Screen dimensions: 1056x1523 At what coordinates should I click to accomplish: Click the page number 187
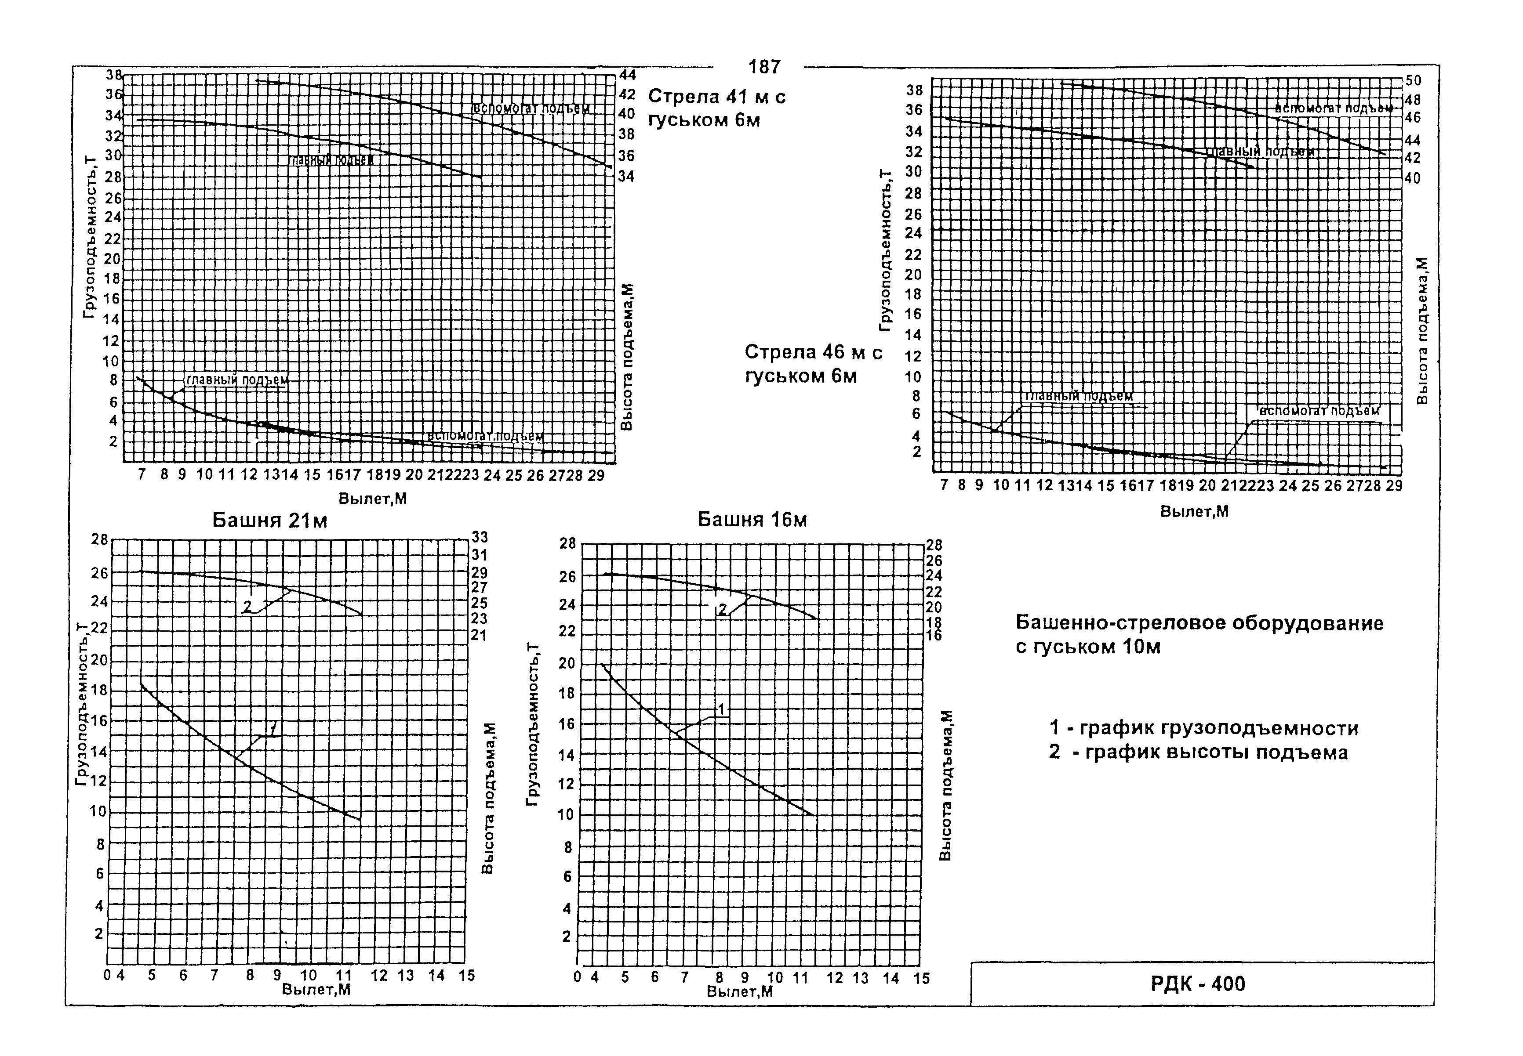[764, 67]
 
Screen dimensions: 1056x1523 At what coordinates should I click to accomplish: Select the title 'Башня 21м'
[269, 521]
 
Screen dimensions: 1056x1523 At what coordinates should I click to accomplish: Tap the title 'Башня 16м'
[752, 520]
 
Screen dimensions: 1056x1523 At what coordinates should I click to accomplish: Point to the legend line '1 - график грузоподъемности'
[1203, 728]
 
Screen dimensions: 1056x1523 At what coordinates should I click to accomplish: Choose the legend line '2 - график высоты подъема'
[1198, 753]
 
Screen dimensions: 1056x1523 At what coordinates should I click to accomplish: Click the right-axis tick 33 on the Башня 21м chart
[479, 538]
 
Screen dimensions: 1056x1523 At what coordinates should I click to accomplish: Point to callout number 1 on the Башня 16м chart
[722, 710]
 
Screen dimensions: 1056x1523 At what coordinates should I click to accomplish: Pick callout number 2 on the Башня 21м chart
[247, 605]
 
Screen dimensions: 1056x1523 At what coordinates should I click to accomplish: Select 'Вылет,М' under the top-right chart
[1194, 511]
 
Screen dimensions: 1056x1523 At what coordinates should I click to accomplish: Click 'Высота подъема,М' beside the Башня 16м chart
[946, 785]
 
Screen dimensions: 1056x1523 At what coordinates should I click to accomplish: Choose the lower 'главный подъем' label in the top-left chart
[236, 380]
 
